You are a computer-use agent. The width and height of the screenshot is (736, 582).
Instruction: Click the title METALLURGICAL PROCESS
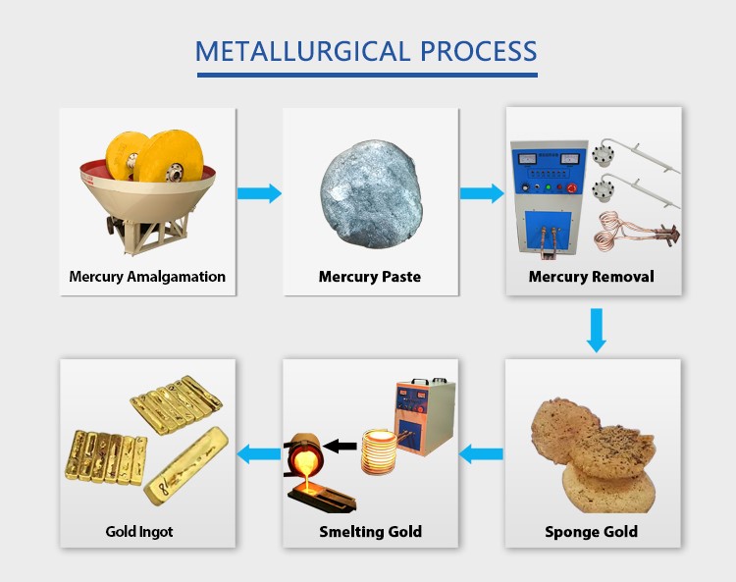(367, 50)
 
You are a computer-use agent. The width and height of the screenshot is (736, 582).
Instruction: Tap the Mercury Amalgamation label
(147, 277)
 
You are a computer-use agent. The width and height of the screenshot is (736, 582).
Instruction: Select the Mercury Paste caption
(370, 277)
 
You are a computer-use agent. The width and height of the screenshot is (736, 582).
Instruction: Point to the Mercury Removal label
(591, 277)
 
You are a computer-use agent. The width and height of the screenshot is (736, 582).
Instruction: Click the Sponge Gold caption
(591, 532)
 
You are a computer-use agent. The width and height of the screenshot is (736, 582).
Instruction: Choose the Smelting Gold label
(370, 532)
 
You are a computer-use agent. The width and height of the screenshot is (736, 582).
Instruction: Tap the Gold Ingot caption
(139, 532)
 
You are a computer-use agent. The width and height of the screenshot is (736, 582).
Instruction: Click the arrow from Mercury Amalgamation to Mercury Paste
(259, 193)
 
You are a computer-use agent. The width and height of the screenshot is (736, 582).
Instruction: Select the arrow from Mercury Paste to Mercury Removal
(481, 193)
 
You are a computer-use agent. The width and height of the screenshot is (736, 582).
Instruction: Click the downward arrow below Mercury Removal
(596, 330)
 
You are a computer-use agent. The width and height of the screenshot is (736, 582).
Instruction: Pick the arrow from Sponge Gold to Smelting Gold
(481, 453)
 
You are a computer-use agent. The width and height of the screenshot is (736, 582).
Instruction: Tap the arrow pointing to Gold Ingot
(259, 453)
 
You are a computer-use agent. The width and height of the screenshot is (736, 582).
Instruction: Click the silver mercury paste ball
(370, 192)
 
